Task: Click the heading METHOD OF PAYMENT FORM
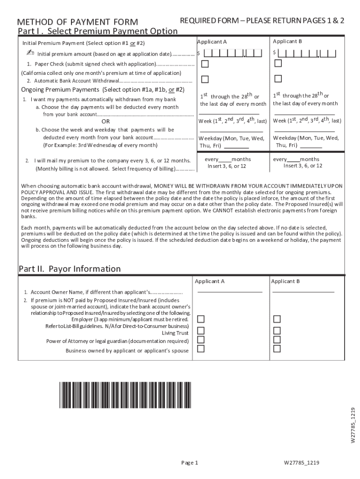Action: pyautogui.click(x=78, y=22)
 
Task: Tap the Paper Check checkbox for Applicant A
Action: pyautogui.click(x=205, y=64)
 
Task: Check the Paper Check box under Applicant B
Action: pyautogui.click(x=278, y=63)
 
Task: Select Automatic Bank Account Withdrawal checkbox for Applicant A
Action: pyautogui.click(x=205, y=79)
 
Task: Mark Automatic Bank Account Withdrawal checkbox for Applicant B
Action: pyautogui.click(x=278, y=79)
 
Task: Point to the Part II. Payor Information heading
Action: pyautogui.click(x=70, y=269)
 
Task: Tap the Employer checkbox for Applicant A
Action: pyautogui.click(x=201, y=319)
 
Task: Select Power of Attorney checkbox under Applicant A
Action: pyautogui.click(x=201, y=340)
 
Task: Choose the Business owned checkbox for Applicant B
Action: pyautogui.click(x=277, y=348)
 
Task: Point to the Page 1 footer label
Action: pyautogui.click(x=190, y=463)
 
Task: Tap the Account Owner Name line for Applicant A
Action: pyautogui.click(x=230, y=291)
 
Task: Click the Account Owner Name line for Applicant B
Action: pyautogui.click(x=303, y=291)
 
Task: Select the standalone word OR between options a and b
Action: pyautogui.click(x=106, y=122)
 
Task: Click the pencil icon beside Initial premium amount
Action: pyautogui.click(x=30, y=53)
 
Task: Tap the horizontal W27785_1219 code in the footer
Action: pyautogui.click(x=301, y=463)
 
